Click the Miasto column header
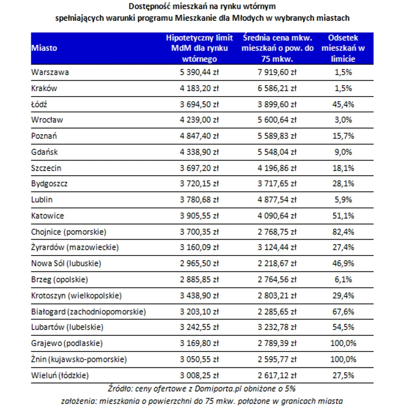coord(44,48)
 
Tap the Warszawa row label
coord(50,72)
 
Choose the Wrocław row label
coord(47,120)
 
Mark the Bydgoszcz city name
coord(49,184)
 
